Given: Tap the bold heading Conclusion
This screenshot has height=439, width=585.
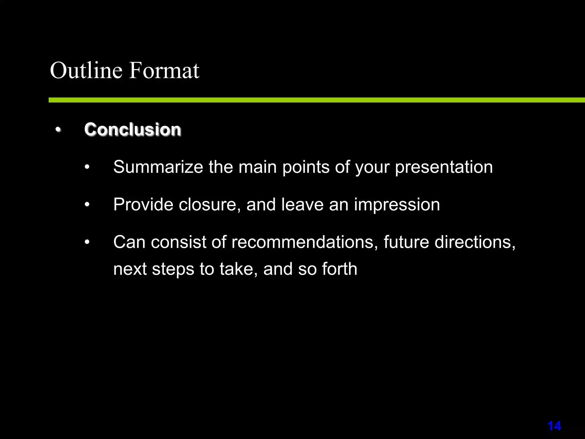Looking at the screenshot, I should [x=133, y=129].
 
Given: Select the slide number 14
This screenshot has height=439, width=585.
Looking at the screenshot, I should [x=554, y=426].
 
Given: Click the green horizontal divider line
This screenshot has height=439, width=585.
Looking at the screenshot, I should [x=314, y=100].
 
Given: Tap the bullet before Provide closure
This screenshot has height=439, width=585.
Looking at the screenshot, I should [x=87, y=205].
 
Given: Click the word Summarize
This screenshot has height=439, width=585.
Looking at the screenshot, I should [x=158, y=167].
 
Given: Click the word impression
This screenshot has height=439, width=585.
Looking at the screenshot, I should [x=397, y=205].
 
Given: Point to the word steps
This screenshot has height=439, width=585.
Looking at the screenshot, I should [x=173, y=270].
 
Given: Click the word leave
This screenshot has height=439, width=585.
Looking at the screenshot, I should [x=302, y=205].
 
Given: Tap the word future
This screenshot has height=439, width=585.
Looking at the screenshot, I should [x=406, y=242].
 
